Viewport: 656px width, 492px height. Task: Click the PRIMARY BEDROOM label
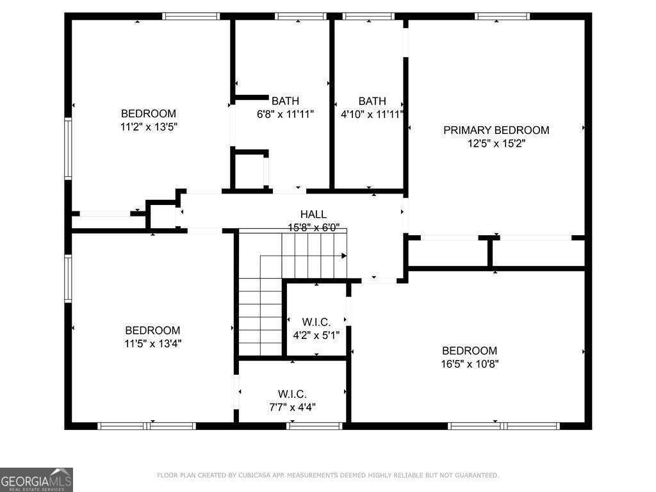[x=496, y=130]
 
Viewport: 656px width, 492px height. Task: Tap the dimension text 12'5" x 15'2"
[x=496, y=143]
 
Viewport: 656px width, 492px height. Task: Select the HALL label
[x=313, y=215]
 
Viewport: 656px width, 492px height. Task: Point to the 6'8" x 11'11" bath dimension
[x=285, y=115]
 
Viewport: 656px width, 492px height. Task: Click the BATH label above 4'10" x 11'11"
[x=372, y=101]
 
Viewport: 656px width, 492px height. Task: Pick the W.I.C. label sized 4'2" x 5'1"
[x=316, y=322]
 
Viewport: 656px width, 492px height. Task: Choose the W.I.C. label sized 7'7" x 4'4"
[x=292, y=393]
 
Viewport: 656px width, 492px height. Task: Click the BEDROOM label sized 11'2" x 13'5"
[x=148, y=113]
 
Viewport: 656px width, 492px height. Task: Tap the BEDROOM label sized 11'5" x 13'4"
[x=152, y=330]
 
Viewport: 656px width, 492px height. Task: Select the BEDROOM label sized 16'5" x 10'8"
[x=470, y=350]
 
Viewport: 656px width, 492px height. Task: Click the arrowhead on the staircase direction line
[x=344, y=256]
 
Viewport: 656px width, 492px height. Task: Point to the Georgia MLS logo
[x=37, y=480]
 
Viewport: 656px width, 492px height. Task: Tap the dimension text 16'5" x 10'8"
[x=470, y=364]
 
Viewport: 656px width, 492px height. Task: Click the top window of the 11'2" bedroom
[x=191, y=16]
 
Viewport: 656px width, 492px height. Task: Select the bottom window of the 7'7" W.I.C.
[x=314, y=425]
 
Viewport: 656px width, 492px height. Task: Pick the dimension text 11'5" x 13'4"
[x=152, y=343]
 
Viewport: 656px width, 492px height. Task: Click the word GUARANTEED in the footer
[x=475, y=475]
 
